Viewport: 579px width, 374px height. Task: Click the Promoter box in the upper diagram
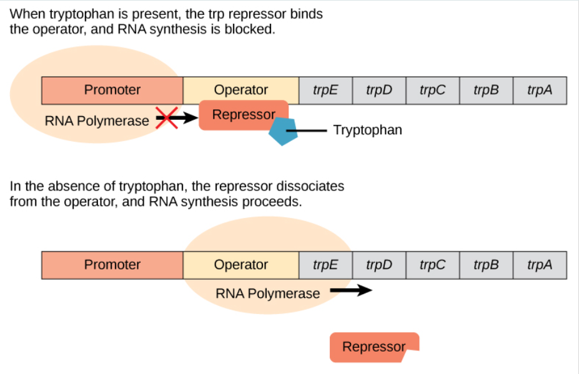coord(112,90)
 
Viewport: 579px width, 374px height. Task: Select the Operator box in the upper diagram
coord(240,90)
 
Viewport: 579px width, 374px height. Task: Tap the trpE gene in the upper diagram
coord(325,90)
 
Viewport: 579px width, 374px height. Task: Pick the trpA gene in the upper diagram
coord(540,90)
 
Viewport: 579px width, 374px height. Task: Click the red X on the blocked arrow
coord(166,117)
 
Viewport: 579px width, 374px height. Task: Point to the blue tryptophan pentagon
coord(283,130)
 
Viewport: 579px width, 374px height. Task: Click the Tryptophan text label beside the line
coord(367,130)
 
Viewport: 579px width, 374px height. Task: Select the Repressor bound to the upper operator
coord(243,116)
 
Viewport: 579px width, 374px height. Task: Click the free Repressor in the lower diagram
coord(374,347)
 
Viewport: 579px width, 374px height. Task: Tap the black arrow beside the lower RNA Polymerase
coord(351,290)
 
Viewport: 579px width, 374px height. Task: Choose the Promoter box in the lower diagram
coord(112,265)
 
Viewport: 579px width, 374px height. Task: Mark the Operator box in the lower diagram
coord(240,265)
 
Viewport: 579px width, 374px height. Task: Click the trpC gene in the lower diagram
coord(432,265)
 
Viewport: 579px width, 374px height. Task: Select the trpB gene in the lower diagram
coord(486,265)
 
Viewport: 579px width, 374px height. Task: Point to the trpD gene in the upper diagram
coord(379,90)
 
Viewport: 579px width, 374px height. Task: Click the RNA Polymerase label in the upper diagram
coord(97,121)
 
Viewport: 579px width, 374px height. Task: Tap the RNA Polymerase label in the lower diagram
coord(267,293)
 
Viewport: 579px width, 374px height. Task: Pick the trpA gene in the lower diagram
coord(540,265)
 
